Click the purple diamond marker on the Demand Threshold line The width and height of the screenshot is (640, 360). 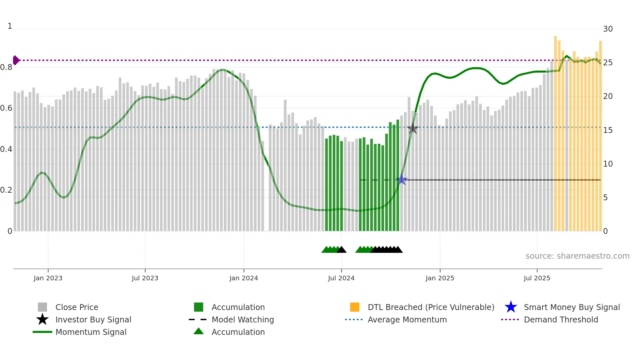(16, 60)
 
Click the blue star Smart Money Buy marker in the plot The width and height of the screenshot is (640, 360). (402, 180)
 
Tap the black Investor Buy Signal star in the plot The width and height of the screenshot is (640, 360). (413, 128)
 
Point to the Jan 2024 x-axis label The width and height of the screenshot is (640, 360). (244, 278)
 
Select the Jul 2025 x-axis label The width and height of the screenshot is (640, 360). (537, 278)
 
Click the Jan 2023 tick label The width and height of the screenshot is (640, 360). (48, 278)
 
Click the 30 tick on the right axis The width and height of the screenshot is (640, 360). (608, 29)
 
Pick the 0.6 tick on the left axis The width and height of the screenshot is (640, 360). (6, 108)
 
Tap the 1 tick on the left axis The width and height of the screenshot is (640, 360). (10, 26)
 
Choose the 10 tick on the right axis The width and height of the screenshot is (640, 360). (608, 164)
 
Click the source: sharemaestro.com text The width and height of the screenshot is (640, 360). (577, 256)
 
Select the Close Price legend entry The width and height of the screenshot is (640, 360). (77, 307)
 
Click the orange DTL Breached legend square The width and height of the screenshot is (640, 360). (355, 307)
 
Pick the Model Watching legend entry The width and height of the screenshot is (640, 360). (242, 319)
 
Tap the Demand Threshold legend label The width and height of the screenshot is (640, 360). (561, 319)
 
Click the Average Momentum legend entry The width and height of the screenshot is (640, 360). (407, 319)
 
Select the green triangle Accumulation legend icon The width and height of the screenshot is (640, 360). (199, 332)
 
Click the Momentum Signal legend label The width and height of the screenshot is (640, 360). (91, 332)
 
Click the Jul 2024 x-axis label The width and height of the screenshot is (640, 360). (341, 278)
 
